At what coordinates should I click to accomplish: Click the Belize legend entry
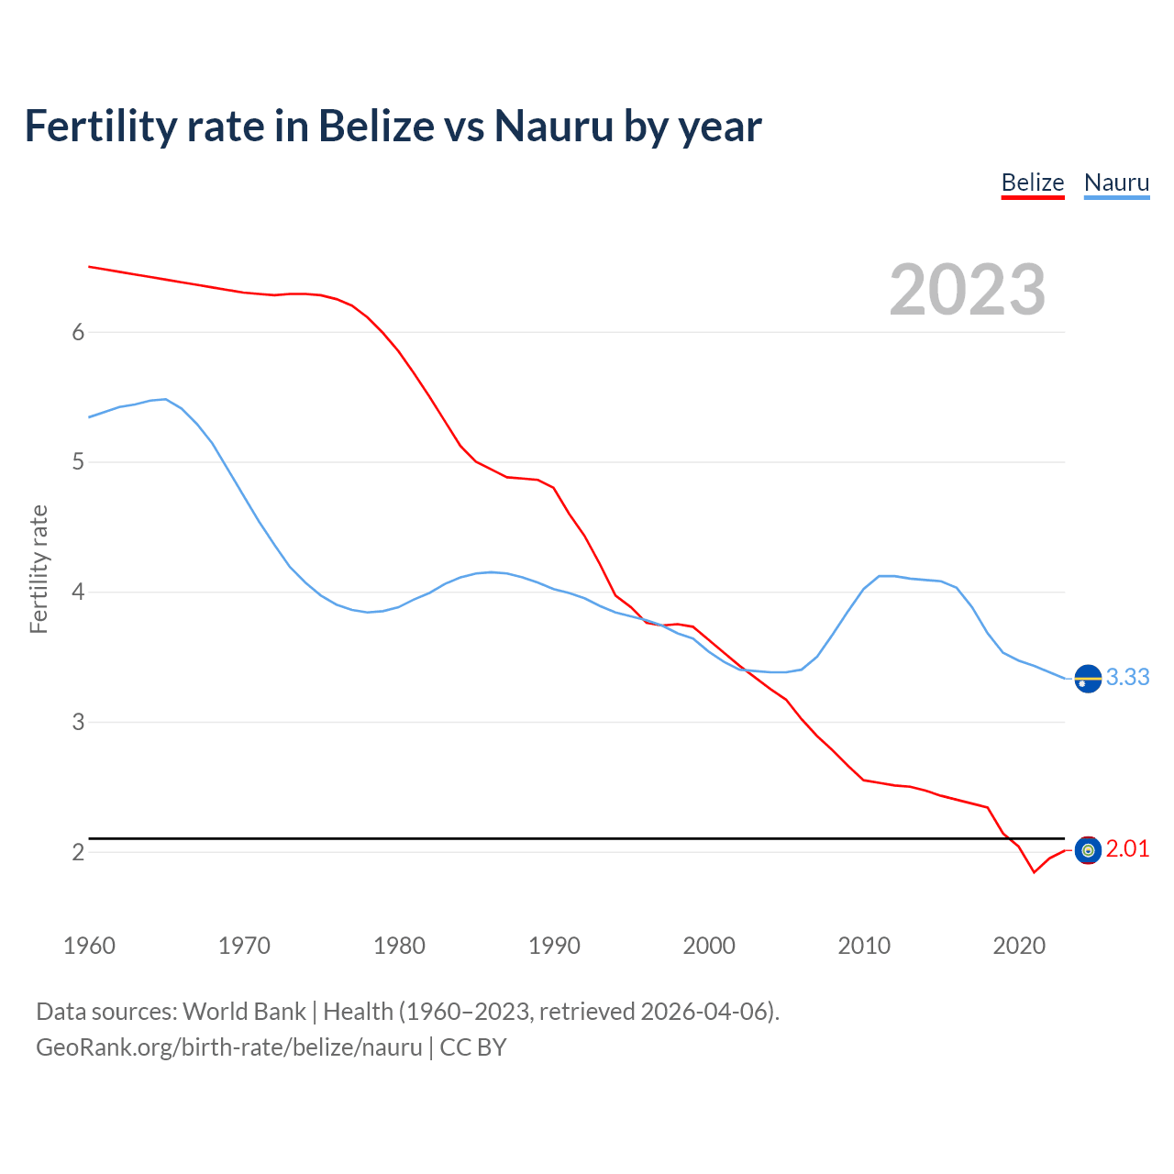click(x=1032, y=183)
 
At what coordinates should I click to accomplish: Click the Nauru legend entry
click(x=1116, y=183)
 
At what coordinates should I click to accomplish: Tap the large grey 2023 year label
click(x=967, y=290)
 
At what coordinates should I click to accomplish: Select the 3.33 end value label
click(x=1127, y=677)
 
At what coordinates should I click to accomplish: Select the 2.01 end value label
click(x=1127, y=849)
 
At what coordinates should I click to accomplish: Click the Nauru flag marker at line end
click(x=1088, y=679)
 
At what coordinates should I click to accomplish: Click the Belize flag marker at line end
click(x=1088, y=851)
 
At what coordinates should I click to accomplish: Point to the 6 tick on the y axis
click(x=78, y=332)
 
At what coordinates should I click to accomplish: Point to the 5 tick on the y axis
click(x=78, y=461)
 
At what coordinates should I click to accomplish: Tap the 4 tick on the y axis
click(x=78, y=592)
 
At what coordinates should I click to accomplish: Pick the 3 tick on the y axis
click(x=78, y=722)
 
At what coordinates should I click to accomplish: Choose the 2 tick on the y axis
click(x=78, y=852)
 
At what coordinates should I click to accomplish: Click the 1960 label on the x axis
click(x=89, y=946)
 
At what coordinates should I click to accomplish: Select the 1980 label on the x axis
click(x=399, y=946)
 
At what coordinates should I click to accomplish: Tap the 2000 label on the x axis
click(x=709, y=946)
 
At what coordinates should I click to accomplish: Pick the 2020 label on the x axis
click(x=1019, y=946)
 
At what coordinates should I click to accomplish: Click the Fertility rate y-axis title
click(x=39, y=569)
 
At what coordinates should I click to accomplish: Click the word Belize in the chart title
click(x=375, y=126)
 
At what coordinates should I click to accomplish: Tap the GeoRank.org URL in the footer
click(x=229, y=1047)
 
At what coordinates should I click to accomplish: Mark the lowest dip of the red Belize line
click(x=1034, y=872)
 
